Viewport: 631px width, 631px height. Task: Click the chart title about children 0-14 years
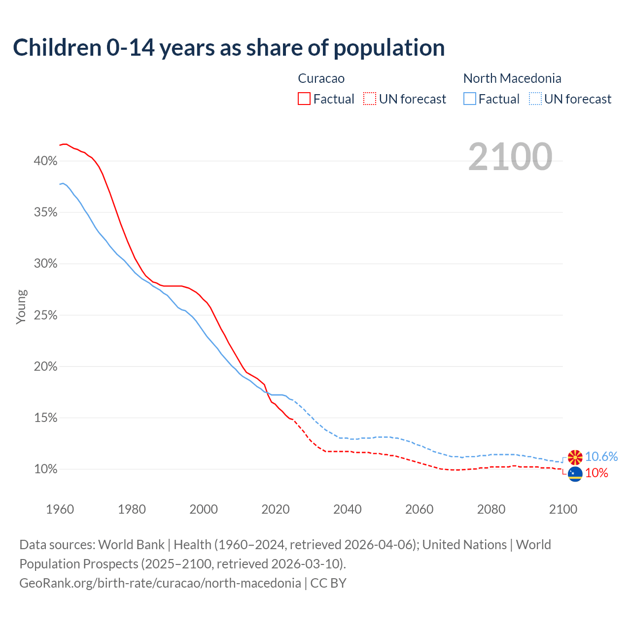pos(229,48)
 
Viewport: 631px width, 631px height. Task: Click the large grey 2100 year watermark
pos(510,157)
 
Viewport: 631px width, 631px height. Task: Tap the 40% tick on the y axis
pos(46,161)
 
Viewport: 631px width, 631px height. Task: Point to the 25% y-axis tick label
pos(46,315)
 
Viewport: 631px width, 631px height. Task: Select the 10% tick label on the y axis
pos(46,469)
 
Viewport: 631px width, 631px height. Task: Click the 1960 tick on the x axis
pos(60,509)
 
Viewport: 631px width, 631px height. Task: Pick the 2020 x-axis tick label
pos(276,509)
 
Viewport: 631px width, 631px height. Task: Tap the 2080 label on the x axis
pos(491,509)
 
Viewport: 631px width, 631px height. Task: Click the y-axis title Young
pos(21,307)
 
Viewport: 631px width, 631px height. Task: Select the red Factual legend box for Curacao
pos(304,99)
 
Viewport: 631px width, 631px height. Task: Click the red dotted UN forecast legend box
pos(370,99)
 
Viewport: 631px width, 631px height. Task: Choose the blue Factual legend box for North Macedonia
pos(470,99)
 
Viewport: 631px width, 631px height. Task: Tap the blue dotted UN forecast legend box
pos(535,99)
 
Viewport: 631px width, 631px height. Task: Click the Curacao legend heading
pos(321,78)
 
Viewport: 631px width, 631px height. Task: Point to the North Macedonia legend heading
pos(512,78)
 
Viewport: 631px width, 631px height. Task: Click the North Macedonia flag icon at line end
pos(575,457)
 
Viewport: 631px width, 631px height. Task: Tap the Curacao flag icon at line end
pos(575,474)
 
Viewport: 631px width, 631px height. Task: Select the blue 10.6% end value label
pos(601,457)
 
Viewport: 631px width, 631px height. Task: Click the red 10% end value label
pos(596,473)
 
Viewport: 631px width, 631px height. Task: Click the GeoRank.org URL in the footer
pos(160,583)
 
